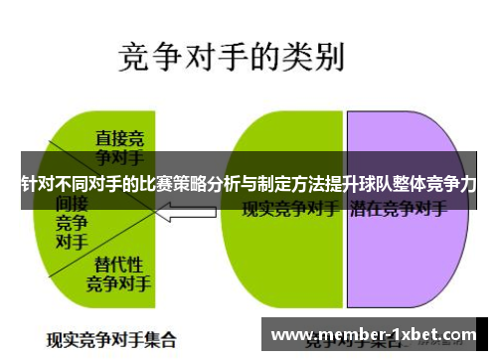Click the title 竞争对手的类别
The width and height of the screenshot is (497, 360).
(x=232, y=55)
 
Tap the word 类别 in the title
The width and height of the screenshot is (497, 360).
(x=316, y=55)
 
